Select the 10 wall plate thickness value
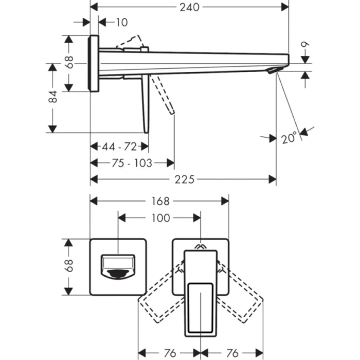point(122,22)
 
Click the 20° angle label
point(289,138)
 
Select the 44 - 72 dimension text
point(119,147)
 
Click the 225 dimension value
point(184,179)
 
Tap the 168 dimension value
point(160,201)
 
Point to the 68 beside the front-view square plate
point(69,266)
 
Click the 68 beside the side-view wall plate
point(69,63)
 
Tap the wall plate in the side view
point(94,63)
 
